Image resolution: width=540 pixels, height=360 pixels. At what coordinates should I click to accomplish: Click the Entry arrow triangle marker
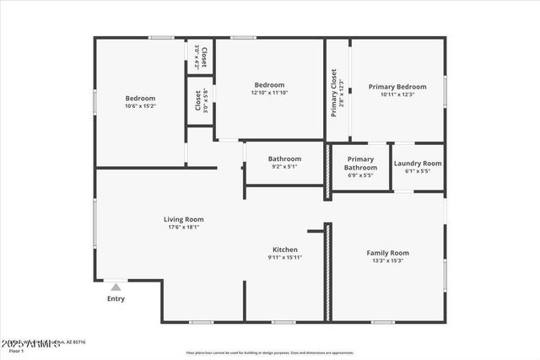pyautogui.click(x=116, y=287)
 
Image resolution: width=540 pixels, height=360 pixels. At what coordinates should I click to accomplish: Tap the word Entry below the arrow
pyautogui.click(x=116, y=298)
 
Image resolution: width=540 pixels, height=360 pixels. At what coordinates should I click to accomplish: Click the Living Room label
pyautogui.click(x=183, y=219)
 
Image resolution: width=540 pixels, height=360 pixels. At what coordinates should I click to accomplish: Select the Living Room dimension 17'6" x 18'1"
pyautogui.click(x=183, y=227)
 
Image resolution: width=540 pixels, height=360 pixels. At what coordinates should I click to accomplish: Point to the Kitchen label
pyautogui.click(x=284, y=250)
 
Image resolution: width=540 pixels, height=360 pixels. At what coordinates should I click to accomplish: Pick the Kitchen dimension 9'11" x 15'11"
pyautogui.click(x=284, y=257)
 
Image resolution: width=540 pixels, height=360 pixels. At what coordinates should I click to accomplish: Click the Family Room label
pyautogui.click(x=387, y=253)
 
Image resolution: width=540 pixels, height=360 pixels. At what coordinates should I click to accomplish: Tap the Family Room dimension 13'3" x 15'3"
pyautogui.click(x=387, y=261)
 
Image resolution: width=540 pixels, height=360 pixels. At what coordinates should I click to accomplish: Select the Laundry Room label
pyautogui.click(x=418, y=164)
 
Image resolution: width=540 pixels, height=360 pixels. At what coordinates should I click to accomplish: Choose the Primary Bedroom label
pyautogui.click(x=397, y=86)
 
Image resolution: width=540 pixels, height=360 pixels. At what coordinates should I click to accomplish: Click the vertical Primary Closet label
pyautogui.click(x=334, y=94)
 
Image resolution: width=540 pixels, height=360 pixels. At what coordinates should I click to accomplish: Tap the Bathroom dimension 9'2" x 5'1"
pyautogui.click(x=284, y=166)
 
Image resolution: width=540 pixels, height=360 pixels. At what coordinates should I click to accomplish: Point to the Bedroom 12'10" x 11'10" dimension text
pyautogui.click(x=269, y=93)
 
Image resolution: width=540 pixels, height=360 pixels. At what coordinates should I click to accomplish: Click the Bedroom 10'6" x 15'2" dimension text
pyautogui.click(x=140, y=105)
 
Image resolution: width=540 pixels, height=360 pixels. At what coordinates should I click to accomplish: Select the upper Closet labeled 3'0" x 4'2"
pyautogui.click(x=200, y=56)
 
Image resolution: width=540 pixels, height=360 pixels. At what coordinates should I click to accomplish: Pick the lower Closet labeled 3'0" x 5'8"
pyautogui.click(x=200, y=101)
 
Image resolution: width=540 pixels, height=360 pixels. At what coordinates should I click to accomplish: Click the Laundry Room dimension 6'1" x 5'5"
pyautogui.click(x=418, y=171)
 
